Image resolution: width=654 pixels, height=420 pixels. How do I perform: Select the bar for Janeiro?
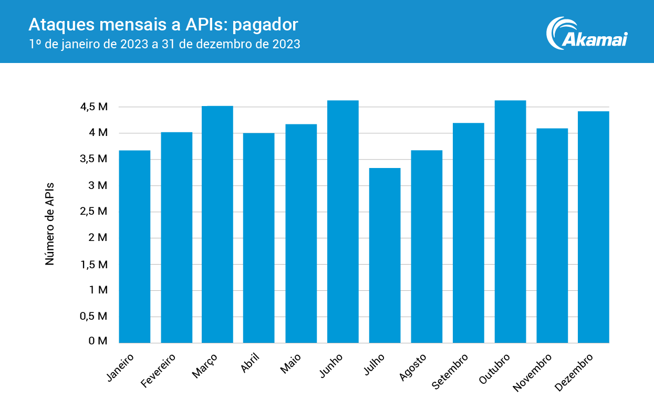click(134, 247)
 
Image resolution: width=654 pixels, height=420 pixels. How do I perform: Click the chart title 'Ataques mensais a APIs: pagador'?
click(163, 24)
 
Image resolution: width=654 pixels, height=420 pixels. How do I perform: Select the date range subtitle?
click(164, 44)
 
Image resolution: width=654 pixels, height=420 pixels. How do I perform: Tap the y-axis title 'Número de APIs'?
click(50, 224)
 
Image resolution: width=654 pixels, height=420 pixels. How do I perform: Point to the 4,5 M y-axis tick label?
click(95, 107)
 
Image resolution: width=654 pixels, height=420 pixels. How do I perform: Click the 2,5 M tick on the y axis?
click(95, 212)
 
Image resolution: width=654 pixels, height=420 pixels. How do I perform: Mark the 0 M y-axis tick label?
click(98, 341)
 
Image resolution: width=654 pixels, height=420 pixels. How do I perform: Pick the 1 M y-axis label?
click(98, 290)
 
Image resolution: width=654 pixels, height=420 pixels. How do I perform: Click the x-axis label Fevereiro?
click(159, 370)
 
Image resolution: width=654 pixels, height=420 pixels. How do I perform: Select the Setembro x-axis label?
click(450, 371)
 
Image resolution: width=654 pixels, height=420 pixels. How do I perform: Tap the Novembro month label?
click(533, 372)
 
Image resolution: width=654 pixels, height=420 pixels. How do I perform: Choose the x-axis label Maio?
click(290, 363)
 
